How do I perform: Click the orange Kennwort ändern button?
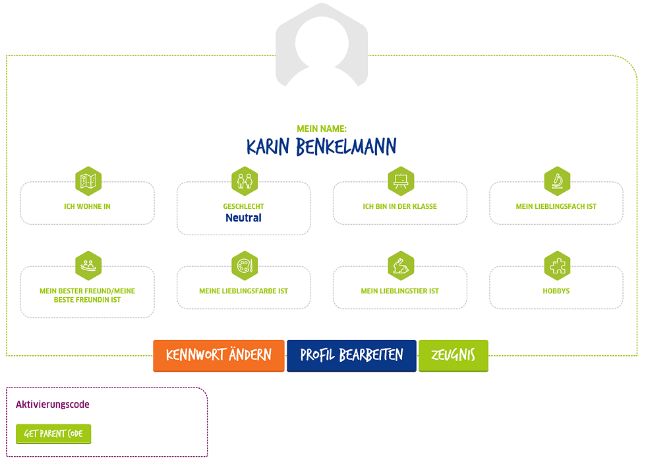click(219, 355)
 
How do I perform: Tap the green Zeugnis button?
click(453, 355)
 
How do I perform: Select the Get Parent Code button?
click(53, 434)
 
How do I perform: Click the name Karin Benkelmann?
click(322, 146)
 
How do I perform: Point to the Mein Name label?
click(322, 129)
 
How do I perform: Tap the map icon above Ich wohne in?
click(88, 181)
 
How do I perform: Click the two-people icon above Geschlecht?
click(245, 181)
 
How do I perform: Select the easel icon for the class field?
click(401, 181)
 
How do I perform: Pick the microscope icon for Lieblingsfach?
click(557, 181)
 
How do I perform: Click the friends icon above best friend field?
click(88, 265)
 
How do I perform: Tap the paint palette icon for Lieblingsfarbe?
click(245, 265)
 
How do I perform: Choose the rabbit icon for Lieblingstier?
click(401, 265)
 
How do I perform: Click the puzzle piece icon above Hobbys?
click(557, 265)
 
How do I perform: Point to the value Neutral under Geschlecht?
click(243, 218)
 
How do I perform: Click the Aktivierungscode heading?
click(53, 405)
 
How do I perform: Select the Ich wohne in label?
click(87, 206)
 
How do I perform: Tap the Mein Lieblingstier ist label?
click(399, 291)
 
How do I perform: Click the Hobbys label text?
click(556, 291)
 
